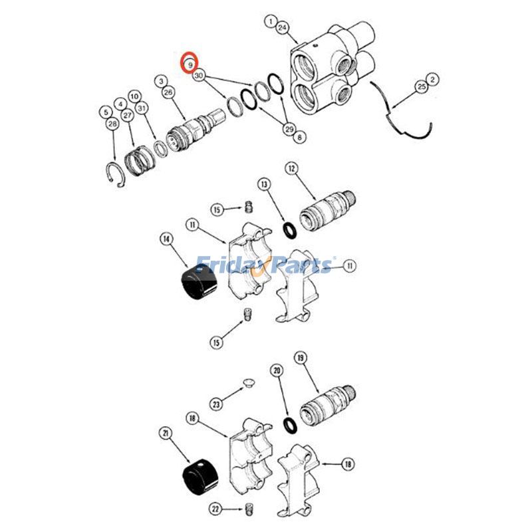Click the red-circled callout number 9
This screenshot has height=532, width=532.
190,64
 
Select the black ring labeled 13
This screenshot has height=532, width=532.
290,231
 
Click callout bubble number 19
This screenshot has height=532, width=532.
300,357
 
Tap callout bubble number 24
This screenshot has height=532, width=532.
282,28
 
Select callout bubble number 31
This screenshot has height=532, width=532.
141,108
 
